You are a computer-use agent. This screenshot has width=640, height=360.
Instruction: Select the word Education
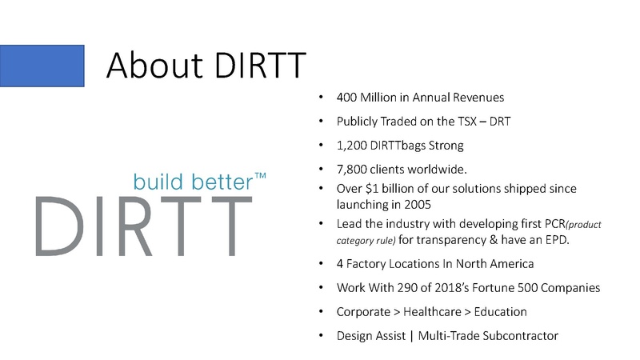(499, 311)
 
